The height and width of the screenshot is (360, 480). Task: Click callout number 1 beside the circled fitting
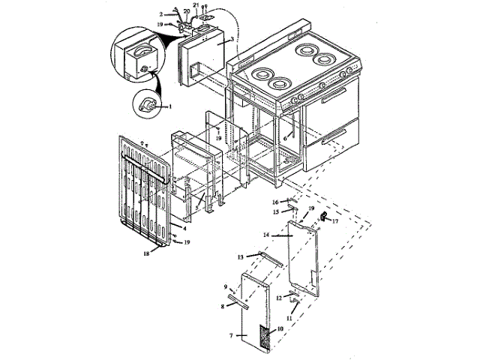[x=170, y=106]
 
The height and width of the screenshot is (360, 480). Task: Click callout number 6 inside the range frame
[x=285, y=138]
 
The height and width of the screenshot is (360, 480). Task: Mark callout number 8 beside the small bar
[x=223, y=306]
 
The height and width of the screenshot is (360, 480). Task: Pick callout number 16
[x=275, y=202]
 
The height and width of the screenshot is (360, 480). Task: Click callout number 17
[x=334, y=221]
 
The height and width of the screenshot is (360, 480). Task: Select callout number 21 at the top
[x=195, y=5]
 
